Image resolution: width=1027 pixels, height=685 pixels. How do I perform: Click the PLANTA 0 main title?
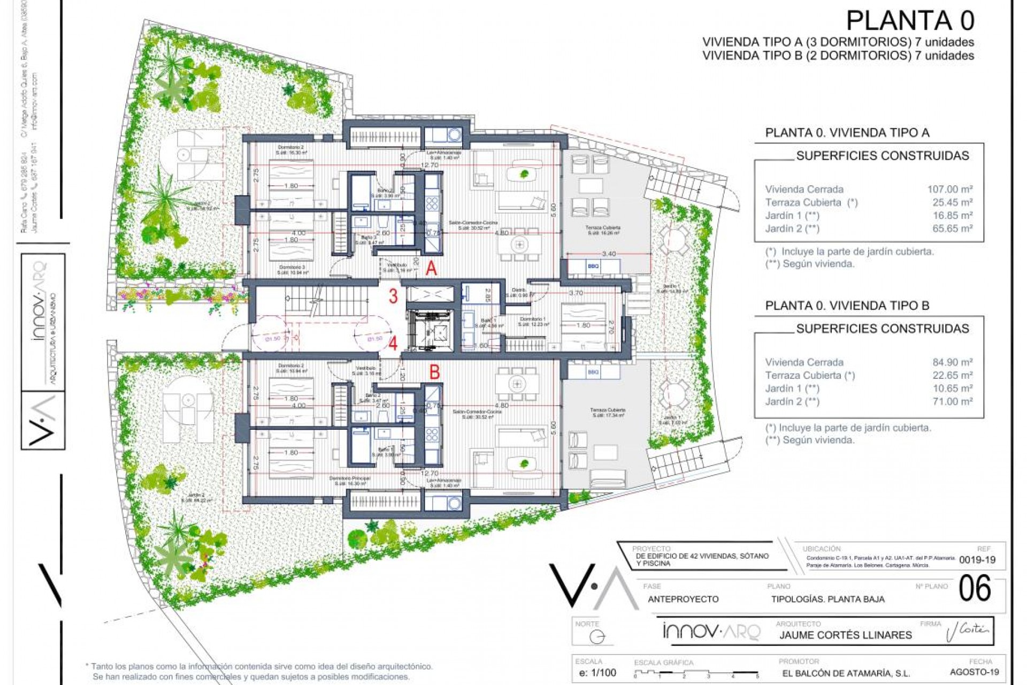point(910,21)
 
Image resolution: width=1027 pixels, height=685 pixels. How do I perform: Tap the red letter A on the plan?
point(431,269)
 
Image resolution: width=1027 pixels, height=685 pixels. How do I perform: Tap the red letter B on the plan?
point(434,371)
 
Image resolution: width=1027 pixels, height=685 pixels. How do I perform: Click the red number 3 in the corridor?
point(393,296)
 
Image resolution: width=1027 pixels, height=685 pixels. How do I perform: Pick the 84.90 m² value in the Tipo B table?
point(952,362)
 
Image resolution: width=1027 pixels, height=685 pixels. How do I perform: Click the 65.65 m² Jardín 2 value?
point(952,229)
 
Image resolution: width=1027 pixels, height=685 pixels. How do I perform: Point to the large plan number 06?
point(975,589)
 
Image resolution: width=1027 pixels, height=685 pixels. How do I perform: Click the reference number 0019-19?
point(977,560)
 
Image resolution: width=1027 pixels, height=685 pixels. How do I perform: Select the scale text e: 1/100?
point(597,673)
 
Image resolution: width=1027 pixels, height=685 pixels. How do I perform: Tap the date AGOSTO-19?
point(974,672)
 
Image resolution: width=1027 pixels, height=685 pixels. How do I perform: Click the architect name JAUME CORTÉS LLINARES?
point(845,635)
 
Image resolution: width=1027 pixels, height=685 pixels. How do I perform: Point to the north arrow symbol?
point(597,637)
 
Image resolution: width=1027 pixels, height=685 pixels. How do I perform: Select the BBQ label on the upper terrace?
point(593,266)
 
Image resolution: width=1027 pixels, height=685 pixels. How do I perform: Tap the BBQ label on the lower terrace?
point(593,372)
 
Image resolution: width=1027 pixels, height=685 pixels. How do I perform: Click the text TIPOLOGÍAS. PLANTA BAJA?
point(827,599)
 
